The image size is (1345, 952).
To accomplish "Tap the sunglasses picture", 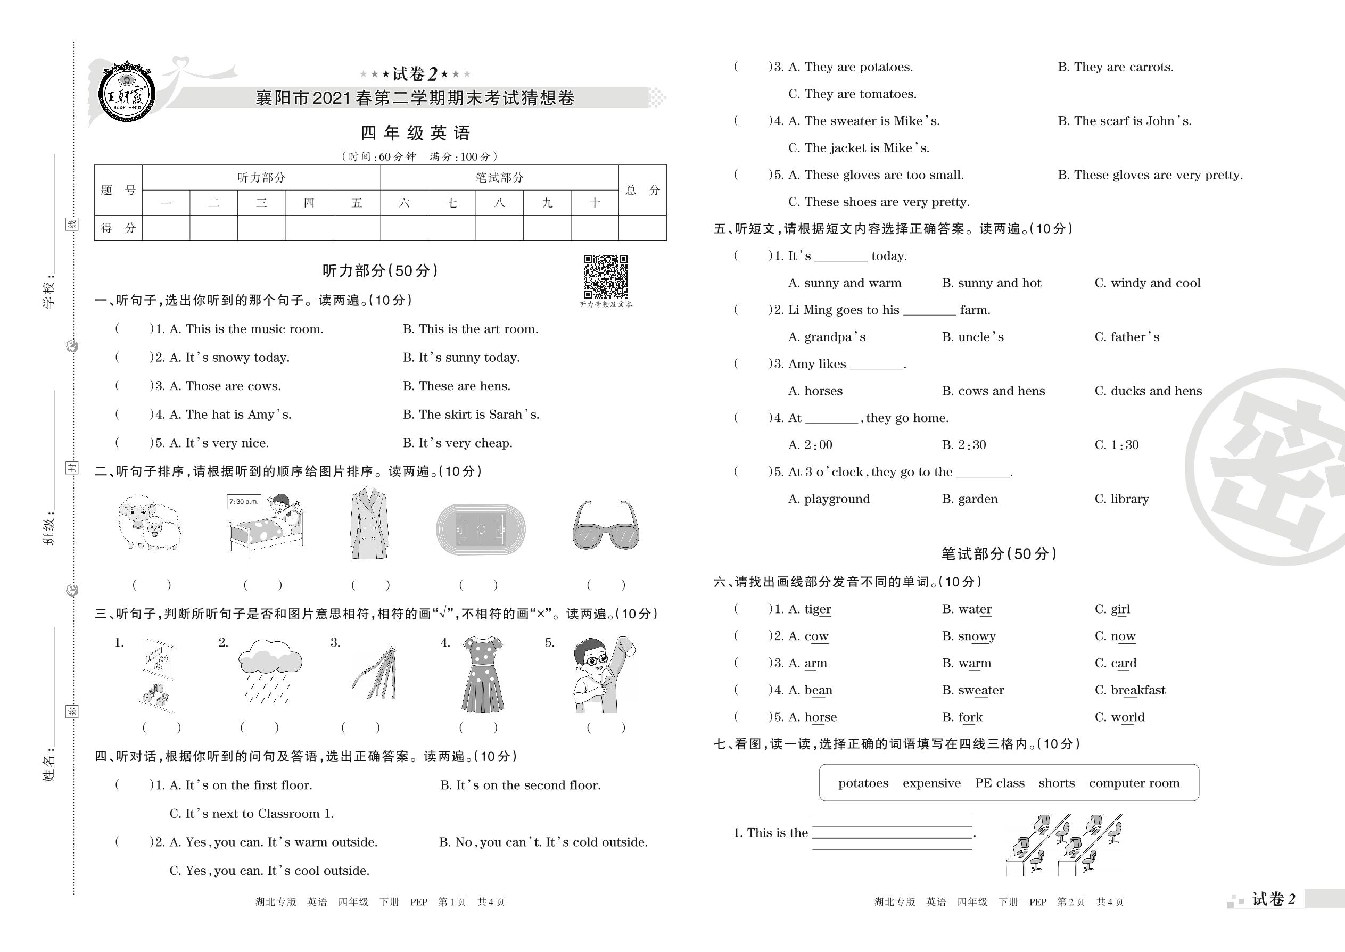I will tap(606, 525).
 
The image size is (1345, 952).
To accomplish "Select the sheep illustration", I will tap(148, 523).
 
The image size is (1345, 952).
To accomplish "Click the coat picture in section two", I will tap(369, 524).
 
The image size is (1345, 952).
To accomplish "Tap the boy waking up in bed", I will tap(267, 525).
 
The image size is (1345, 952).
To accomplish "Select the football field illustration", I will tap(480, 529).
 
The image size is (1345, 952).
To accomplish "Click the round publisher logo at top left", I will tap(127, 93).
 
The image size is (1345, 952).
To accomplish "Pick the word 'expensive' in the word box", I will tap(931, 783).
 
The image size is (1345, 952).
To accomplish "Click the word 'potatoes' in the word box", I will tap(863, 783).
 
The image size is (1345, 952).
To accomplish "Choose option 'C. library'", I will tap(1121, 499).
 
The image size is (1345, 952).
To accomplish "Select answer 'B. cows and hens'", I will tap(993, 391).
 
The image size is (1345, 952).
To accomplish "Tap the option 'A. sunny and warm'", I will tap(844, 283).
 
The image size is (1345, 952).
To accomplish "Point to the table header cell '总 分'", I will tap(642, 190).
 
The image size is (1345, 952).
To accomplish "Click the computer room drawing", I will tap(1063, 844).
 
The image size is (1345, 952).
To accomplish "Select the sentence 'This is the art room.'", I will tap(470, 329).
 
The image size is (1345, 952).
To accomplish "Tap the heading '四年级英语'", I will tap(415, 133).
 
